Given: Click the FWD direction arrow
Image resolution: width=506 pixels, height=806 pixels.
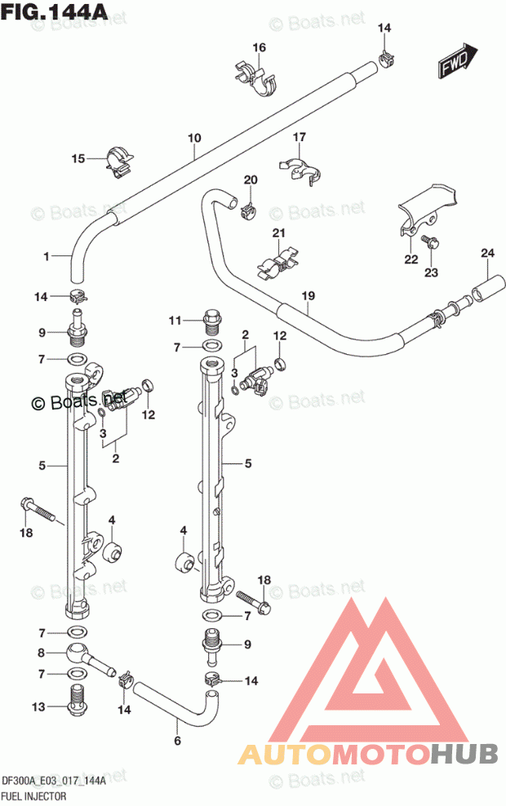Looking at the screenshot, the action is (x=458, y=60).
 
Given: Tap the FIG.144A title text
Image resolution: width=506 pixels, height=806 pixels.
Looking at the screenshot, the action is (x=54, y=11).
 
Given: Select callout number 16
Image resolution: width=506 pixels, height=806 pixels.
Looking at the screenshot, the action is (x=260, y=47).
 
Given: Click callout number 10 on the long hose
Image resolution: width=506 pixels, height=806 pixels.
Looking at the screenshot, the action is (x=194, y=138).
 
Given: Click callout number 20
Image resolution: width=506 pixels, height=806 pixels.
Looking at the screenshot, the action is (x=251, y=180).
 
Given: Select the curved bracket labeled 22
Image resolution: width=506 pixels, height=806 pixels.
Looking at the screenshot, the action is (x=427, y=209).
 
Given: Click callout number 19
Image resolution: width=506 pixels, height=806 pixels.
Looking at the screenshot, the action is (x=308, y=295).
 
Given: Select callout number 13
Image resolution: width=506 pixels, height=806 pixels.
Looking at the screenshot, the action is (x=38, y=706).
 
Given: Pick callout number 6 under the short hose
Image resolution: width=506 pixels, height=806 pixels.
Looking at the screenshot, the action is (x=177, y=741).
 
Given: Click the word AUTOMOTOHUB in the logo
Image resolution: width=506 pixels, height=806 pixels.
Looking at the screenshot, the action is (x=369, y=754).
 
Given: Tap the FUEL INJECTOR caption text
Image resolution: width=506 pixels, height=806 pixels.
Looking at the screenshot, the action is (x=34, y=796).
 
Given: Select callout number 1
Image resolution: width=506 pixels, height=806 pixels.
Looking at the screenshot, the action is (x=47, y=255).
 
